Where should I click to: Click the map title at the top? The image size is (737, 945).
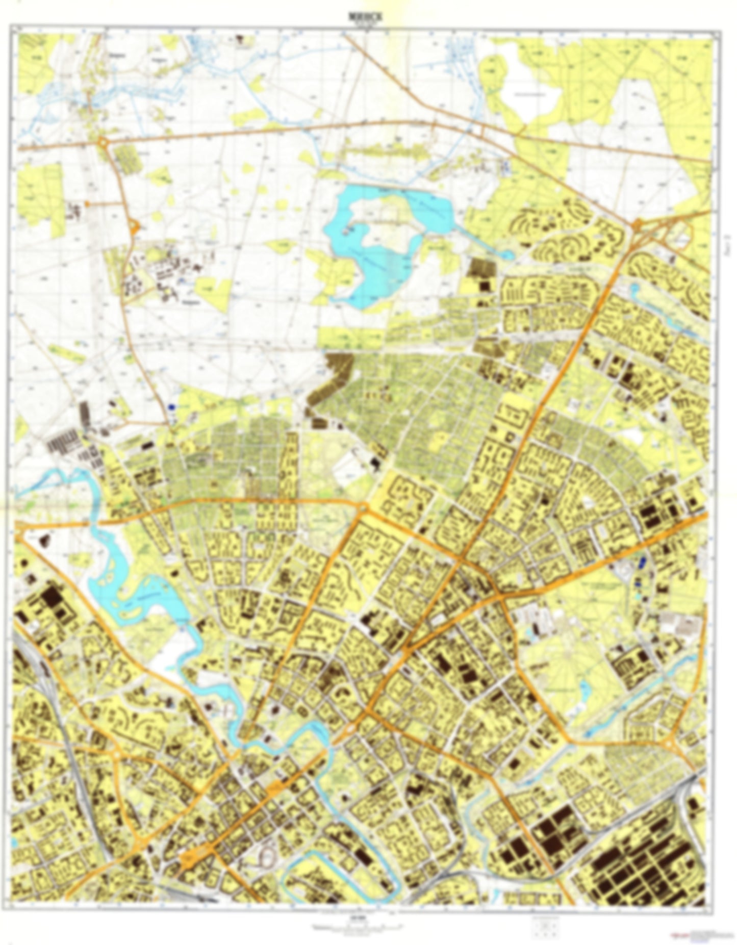click(x=368, y=17)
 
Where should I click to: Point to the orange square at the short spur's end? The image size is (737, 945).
click(x=87, y=204)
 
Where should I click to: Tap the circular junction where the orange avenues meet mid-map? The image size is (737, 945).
click(x=363, y=508)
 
